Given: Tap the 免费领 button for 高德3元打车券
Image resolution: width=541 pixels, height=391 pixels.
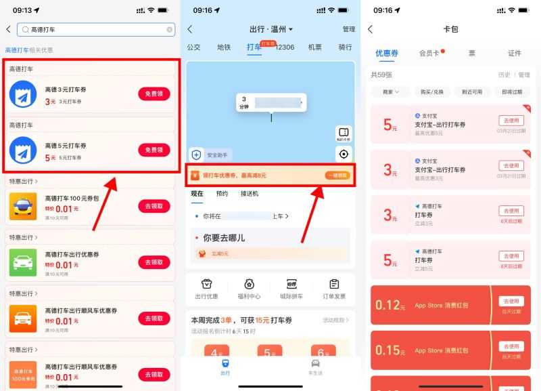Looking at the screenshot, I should click(x=154, y=94).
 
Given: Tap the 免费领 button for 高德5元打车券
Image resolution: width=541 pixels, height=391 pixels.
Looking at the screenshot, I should click(x=154, y=150).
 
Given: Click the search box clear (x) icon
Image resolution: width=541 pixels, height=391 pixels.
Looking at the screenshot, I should click(x=169, y=30).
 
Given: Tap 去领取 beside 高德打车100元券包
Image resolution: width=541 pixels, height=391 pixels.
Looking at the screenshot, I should click(x=154, y=206).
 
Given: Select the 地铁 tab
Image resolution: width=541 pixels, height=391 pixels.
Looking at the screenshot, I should click(x=224, y=47).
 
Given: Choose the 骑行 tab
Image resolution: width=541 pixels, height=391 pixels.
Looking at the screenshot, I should click(x=345, y=47).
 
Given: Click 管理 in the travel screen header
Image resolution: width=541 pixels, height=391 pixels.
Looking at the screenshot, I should click(x=348, y=29).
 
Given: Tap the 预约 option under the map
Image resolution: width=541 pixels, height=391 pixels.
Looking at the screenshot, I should click(x=222, y=194).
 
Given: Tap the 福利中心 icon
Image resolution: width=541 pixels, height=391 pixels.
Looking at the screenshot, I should click(x=249, y=288).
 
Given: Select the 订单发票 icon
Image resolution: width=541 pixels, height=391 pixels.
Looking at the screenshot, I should click(x=334, y=288).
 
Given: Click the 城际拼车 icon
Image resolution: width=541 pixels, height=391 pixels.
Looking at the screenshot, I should click(x=291, y=288).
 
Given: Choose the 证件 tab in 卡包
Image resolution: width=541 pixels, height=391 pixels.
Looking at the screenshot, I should click(x=515, y=53).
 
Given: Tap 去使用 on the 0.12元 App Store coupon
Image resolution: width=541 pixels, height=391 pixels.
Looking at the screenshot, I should click(x=510, y=301).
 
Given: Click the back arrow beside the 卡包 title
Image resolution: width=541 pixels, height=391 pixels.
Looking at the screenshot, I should click(x=370, y=29).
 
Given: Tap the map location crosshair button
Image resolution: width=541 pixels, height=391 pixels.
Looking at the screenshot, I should click(x=344, y=154).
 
